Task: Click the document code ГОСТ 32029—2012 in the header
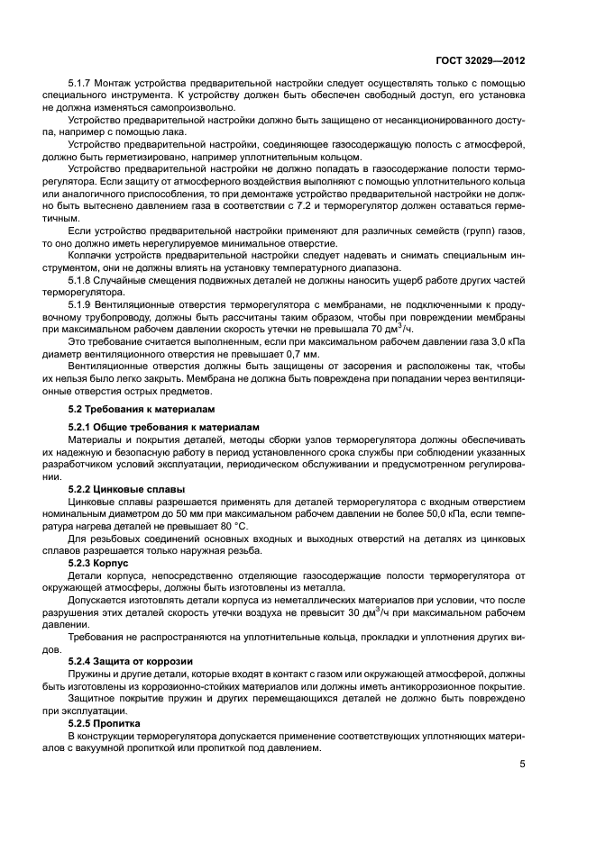(x=482, y=59)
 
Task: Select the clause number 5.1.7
(x=81, y=84)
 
